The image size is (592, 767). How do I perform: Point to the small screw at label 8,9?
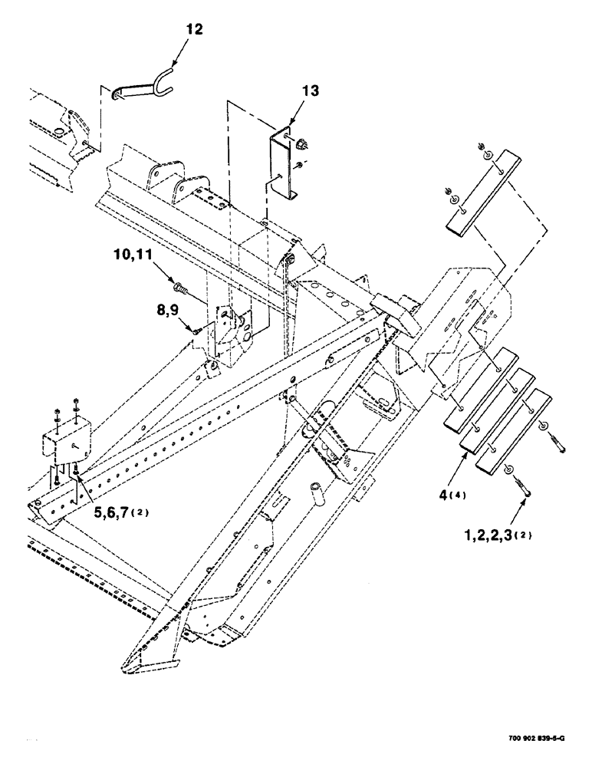tap(198, 330)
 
